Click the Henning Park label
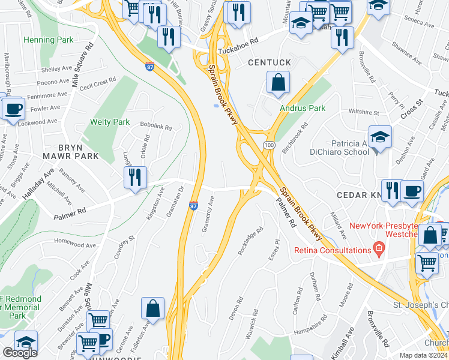pyautogui.click(x=48, y=40)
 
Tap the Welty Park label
pyautogui.click(x=110, y=122)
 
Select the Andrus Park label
pyautogui.click(x=303, y=109)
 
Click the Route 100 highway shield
pyautogui.click(x=268, y=146)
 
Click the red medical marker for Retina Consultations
pyautogui.click(x=378, y=247)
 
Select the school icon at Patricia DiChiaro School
pyautogui.click(x=380, y=137)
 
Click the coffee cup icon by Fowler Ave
pyautogui.click(x=13, y=109)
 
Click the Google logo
pyautogui.click(x=20, y=353)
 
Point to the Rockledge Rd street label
pyautogui.click(x=250, y=241)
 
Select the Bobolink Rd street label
pyautogui.click(x=155, y=128)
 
